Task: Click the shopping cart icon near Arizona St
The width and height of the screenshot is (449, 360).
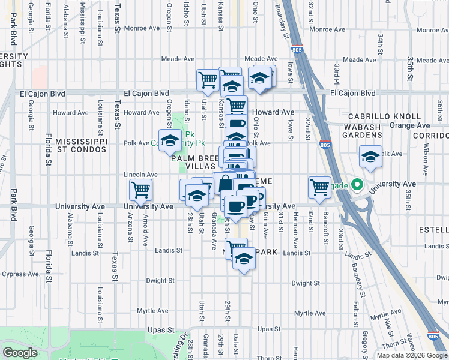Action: [x=140, y=190]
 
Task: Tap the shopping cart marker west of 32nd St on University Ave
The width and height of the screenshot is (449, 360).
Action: [x=319, y=187]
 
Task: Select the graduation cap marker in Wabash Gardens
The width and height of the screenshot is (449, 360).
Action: [x=371, y=157]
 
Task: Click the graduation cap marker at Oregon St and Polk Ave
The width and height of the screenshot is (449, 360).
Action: [x=170, y=141]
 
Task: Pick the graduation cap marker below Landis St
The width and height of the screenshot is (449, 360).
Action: [x=244, y=259]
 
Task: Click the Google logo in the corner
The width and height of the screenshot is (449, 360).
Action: [x=20, y=352]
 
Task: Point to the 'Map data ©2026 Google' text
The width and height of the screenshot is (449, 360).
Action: [x=412, y=355]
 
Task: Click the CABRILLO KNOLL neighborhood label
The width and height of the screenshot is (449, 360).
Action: [x=382, y=116]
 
